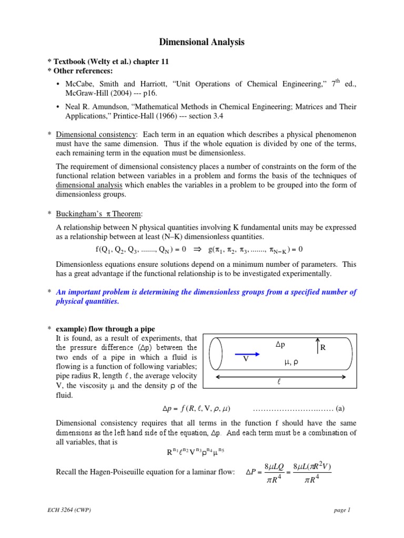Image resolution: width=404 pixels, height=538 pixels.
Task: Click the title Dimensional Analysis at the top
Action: (x=202, y=43)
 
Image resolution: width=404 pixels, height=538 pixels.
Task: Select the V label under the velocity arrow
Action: (x=245, y=359)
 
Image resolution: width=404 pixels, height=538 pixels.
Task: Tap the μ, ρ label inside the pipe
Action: (x=291, y=362)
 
